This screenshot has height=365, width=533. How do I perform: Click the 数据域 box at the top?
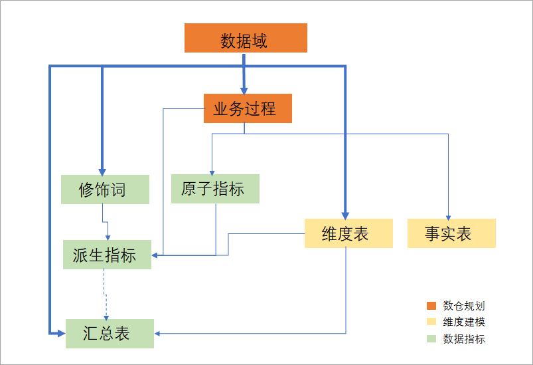246,38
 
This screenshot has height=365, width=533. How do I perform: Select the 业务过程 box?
244,108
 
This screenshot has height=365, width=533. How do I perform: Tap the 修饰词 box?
105,189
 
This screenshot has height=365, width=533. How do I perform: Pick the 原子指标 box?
215,189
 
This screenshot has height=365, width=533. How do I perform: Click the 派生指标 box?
107,255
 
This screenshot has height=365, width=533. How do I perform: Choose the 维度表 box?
345,233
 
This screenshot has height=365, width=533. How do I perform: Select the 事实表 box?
451,233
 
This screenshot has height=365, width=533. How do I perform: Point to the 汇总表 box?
110,333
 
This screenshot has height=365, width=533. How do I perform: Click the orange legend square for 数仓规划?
431,306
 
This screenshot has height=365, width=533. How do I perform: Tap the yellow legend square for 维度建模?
431,322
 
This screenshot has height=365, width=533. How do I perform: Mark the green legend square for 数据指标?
431,339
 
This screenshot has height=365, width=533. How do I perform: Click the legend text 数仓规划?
464,306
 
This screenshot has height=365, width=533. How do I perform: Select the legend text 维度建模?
464,322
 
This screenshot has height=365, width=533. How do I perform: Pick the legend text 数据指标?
464,339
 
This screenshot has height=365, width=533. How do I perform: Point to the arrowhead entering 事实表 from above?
449,215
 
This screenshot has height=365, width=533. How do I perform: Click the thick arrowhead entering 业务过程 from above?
244,89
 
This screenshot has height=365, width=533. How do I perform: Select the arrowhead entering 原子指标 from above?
211,170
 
